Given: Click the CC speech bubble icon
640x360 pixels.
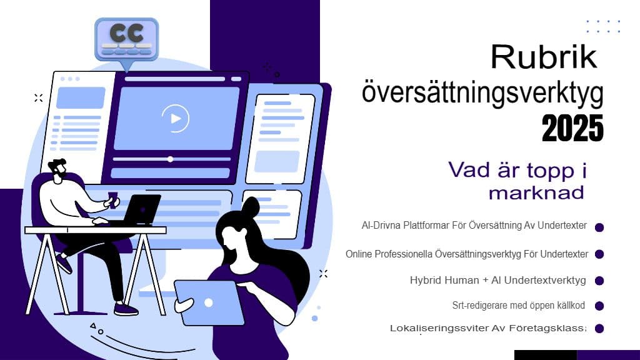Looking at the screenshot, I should (x=126, y=38).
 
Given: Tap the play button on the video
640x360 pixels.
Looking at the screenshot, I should (x=176, y=117).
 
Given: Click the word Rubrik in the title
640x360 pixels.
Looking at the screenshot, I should (x=543, y=57).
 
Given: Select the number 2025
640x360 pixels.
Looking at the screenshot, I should (x=572, y=128).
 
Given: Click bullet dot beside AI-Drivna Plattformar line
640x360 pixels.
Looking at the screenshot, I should (x=599, y=227).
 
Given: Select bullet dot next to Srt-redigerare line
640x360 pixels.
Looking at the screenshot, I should (x=599, y=306).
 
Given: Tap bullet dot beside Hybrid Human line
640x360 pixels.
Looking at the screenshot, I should (x=599, y=281).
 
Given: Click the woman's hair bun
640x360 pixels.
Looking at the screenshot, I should (x=251, y=207).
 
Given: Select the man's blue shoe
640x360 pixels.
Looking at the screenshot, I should (x=126, y=309).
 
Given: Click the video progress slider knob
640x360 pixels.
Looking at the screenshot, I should (x=170, y=159).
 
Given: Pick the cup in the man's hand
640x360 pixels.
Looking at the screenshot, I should (x=112, y=197).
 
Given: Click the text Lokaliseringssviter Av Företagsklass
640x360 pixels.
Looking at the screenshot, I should (x=487, y=328).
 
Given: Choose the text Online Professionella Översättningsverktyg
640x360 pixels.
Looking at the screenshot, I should (x=466, y=254).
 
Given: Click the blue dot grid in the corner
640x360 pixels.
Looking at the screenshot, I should (x=603, y=26).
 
